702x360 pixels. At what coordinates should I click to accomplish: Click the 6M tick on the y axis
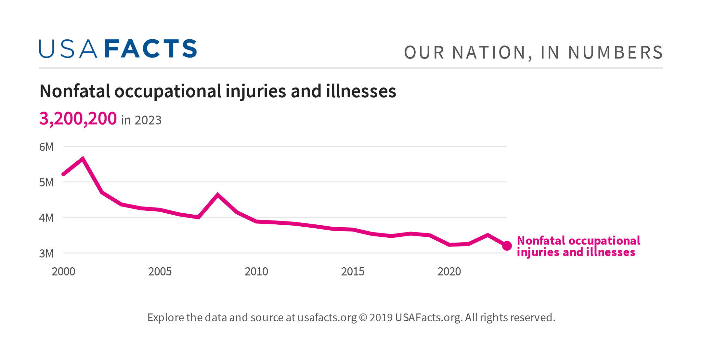(46, 147)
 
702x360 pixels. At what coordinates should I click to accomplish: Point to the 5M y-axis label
(46, 182)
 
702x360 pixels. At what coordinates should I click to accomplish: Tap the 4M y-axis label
(46, 218)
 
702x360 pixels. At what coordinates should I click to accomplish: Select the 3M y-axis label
(46, 253)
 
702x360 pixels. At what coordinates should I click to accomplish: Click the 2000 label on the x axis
(63, 272)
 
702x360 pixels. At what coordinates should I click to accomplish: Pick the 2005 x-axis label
(160, 272)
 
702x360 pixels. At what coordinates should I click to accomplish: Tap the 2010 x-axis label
(256, 272)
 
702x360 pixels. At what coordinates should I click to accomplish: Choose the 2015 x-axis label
(353, 272)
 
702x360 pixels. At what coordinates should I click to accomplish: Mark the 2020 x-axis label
(449, 272)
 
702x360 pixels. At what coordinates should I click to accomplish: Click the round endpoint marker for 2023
(507, 246)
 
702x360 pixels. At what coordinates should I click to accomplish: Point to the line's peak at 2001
(83, 159)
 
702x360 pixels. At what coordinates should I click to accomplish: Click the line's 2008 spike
(217, 195)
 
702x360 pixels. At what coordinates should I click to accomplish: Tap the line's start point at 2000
(63, 174)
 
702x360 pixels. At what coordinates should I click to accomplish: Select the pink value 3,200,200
(78, 119)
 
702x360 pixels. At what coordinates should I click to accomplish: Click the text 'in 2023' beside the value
(141, 120)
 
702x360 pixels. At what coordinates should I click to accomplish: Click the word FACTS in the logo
(151, 49)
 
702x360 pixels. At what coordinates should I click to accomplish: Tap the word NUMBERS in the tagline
(615, 53)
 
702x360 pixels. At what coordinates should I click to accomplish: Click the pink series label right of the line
(578, 246)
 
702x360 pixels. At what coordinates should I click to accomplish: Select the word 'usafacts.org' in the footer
(327, 317)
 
